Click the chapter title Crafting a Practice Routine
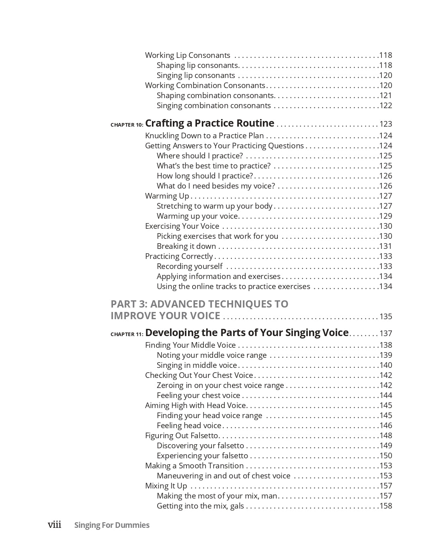[209, 123]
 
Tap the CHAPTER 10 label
[127, 125]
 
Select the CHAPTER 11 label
[127, 334]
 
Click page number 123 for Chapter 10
[386, 124]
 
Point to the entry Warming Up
[167, 196]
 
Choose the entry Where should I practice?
[200, 156]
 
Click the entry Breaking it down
[186, 246]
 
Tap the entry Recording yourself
[189, 267]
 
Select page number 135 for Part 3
[386, 317]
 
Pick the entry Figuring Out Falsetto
[181, 436]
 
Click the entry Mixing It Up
[166, 486]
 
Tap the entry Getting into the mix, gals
[200, 506]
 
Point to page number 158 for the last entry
[386, 506]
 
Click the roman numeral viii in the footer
[55, 525]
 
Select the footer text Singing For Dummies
[112, 525]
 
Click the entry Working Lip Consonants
[188, 55]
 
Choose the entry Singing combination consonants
[213, 106]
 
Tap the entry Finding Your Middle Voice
[190, 345]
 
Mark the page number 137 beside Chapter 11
[386, 334]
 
